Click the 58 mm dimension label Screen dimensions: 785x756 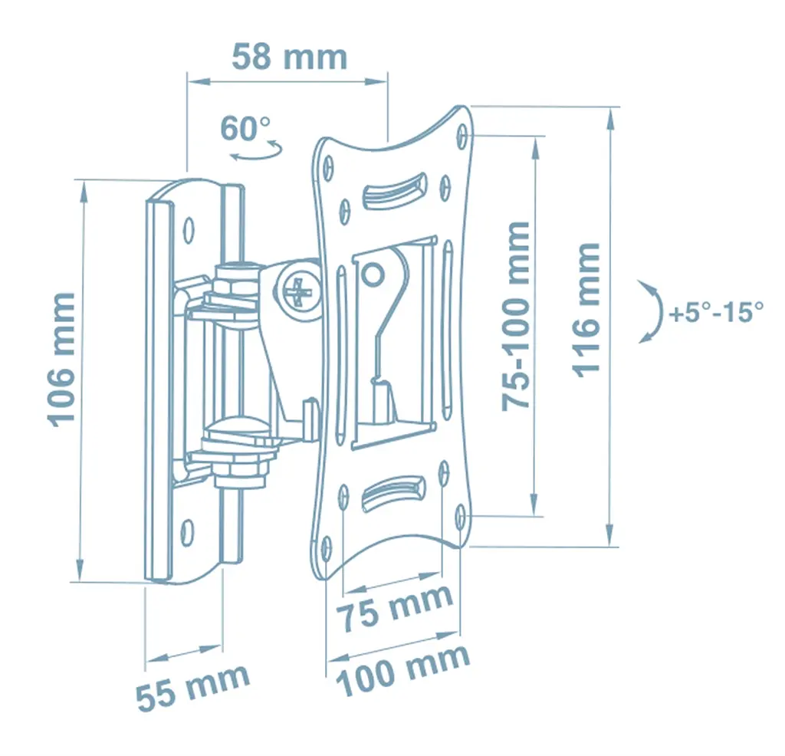click(x=289, y=57)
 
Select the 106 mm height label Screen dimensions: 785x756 click(x=62, y=360)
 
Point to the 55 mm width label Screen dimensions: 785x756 click(x=192, y=687)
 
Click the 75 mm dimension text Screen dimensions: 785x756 click(x=394, y=607)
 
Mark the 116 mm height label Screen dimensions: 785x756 click(x=586, y=310)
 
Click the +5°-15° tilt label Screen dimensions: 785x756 click(x=717, y=312)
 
